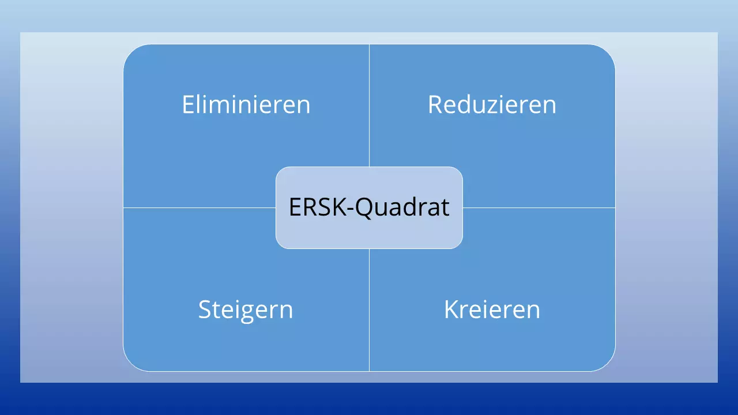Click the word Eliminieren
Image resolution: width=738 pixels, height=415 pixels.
click(x=246, y=105)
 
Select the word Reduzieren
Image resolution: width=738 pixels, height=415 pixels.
click(x=492, y=105)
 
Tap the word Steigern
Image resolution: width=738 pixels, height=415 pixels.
click(x=246, y=310)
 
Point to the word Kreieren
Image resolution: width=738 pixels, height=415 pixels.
click(x=492, y=310)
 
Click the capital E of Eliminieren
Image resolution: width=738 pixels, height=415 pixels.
click(x=188, y=105)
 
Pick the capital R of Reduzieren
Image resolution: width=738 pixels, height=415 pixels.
click(x=435, y=105)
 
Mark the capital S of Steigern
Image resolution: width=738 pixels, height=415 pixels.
click(x=204, y=310)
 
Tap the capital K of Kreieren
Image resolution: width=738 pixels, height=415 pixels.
click(x=450, y=310)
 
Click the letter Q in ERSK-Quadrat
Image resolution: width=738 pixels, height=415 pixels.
click(x=364, y=207)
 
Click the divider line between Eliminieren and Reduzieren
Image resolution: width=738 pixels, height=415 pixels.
click(x=369, y=104)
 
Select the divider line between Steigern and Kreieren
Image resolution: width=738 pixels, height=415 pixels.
click(x=369, y=311)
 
